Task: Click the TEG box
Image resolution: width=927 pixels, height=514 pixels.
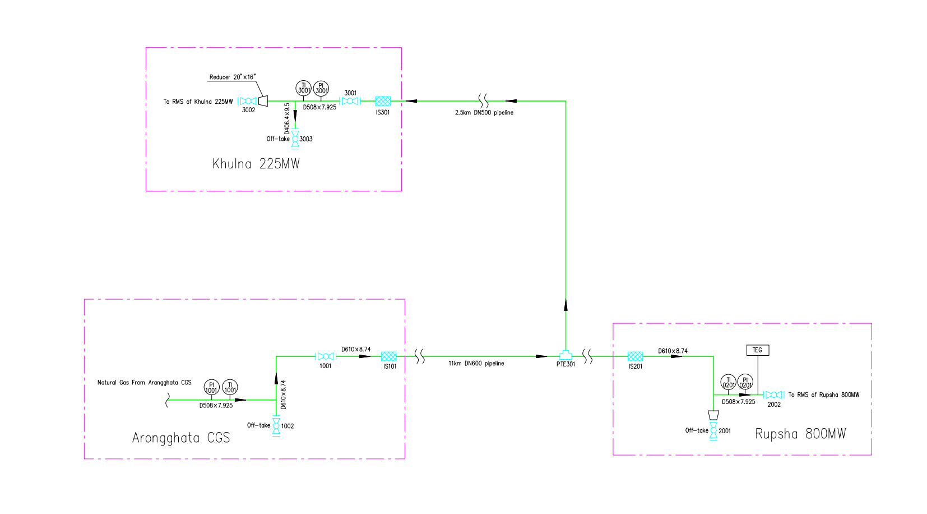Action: coord(758,350)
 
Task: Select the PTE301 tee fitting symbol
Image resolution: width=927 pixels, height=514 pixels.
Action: coord(566,355)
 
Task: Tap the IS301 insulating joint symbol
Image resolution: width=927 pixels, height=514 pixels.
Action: coord(383,101)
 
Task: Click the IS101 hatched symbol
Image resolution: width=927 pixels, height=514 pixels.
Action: coord(388,356)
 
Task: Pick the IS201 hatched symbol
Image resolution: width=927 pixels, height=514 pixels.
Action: coord(635,356)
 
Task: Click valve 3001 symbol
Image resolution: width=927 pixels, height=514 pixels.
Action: coord(350,101)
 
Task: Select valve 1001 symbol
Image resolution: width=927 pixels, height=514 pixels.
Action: coord(325,356)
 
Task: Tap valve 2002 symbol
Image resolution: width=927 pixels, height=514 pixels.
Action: coord(773,395)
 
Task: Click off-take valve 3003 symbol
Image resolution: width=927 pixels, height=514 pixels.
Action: coord(295,139)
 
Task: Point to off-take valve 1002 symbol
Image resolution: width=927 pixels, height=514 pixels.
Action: coord(276,426)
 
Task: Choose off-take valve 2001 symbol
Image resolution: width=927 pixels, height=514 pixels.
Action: coord(713,431)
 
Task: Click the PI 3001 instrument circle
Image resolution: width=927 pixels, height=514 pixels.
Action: coord(321,88)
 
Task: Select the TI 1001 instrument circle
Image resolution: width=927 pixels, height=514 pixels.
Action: coord(230,387)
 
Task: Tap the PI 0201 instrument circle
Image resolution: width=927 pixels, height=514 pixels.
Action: coord(745,382)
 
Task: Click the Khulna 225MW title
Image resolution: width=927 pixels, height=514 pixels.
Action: coord(256,164)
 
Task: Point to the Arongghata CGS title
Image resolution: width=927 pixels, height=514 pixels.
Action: coord(181,438)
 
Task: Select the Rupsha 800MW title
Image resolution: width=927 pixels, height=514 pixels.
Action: coord(800,434)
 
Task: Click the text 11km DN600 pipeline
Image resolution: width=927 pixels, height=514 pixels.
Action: coord(476,364)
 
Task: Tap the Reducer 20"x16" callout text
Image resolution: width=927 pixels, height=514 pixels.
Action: coord(232,77)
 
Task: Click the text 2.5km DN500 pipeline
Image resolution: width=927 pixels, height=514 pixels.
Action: coord(484,113)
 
